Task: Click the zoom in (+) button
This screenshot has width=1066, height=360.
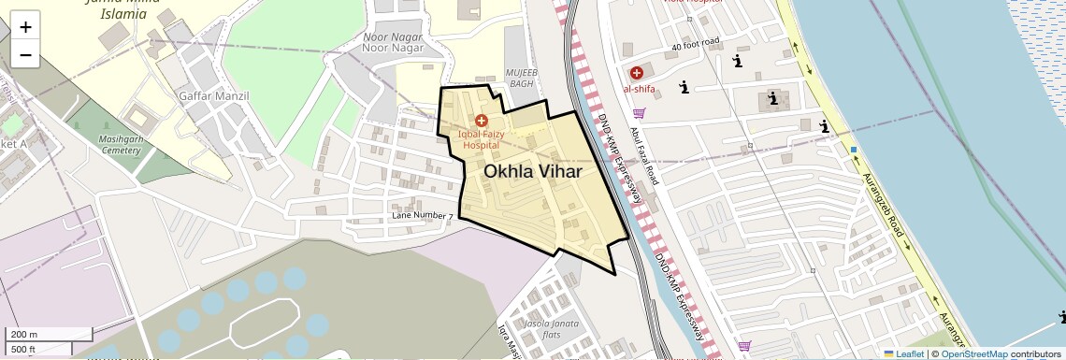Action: [x=25, y=27]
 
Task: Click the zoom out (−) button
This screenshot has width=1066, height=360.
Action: [x=25, y=55]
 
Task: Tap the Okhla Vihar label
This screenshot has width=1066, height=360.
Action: [x=533, y=172]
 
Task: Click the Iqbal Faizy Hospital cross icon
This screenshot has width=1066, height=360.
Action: [x=482, y=121]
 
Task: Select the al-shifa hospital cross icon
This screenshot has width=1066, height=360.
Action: [x=637, y=72]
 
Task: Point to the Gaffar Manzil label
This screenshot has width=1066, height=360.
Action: [x=213, y=96]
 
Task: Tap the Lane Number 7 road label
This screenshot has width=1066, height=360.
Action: [x=423, y=217]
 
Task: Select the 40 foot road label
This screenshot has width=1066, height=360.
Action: [x=695, y=44]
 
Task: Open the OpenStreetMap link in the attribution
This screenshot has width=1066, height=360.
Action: [x=974, y=353]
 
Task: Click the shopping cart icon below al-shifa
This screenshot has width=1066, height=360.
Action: [x=640, y=113]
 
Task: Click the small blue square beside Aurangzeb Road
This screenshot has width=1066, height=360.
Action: [x=854, y=150]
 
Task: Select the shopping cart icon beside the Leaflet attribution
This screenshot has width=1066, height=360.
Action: [x=743, y=346]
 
